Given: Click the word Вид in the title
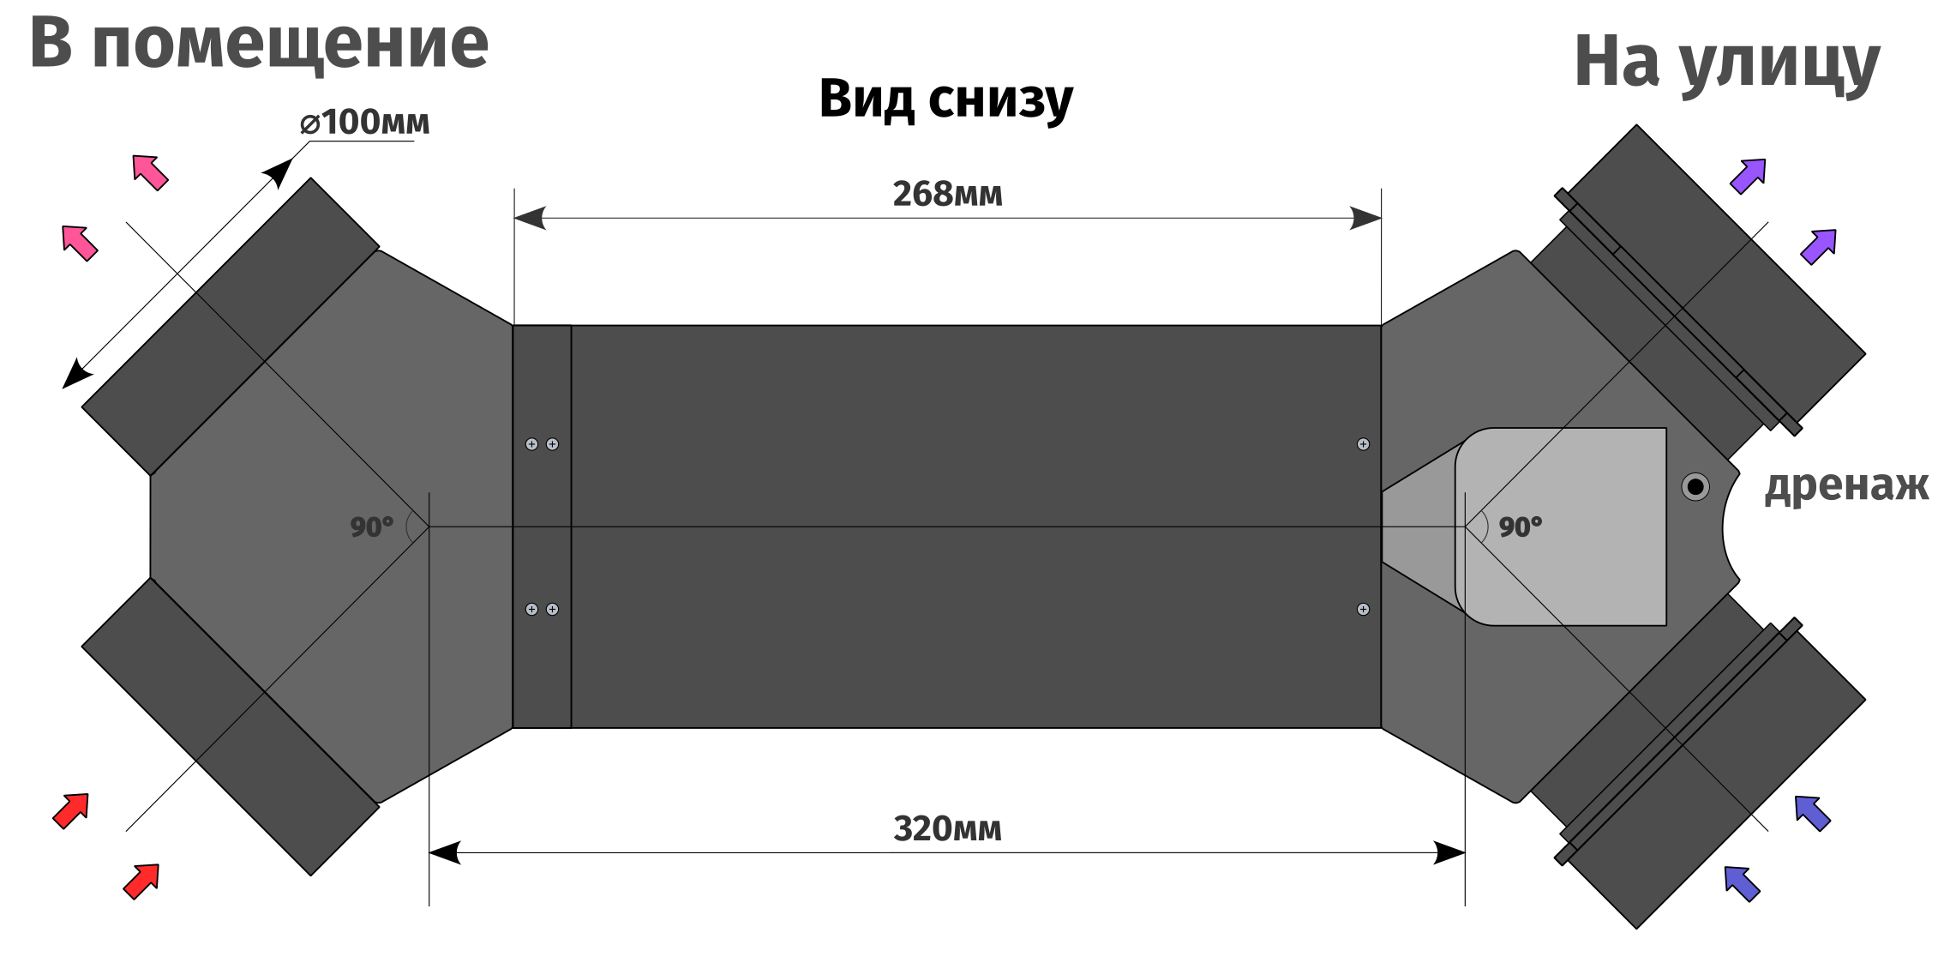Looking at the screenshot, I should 867,99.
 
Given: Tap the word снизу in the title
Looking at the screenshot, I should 1000,100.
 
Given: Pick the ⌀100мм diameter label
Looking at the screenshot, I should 364,123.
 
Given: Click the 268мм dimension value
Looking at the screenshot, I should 947,195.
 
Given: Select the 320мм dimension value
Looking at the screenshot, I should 947,829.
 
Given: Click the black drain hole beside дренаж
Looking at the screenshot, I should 1695,487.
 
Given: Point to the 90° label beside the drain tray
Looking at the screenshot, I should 1520,527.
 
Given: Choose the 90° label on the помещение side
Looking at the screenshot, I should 371,527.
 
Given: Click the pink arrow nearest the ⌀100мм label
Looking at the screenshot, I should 150,172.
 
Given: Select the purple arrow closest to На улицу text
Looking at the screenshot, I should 1748,176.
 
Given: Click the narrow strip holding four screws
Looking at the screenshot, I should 542,526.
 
